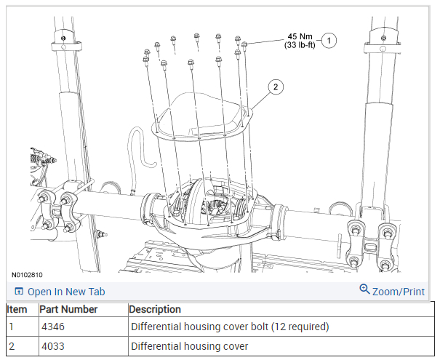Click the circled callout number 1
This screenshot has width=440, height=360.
click(329, 41)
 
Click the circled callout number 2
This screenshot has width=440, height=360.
click(274, 87)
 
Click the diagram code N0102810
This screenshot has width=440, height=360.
click(27, 276)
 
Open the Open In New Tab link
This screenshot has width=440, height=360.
click(66, 292)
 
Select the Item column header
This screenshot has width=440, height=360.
click(17, 309)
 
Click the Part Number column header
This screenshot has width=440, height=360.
click(68, 309)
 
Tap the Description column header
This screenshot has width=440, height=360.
click(155, 309)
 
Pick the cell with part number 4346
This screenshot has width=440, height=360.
click(52, 327)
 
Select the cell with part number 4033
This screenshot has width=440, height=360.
click(52, 345)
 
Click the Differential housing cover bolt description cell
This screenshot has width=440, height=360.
click(230, 327)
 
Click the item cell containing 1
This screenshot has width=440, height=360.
click(12, 327)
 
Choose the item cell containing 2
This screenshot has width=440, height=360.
click(12, 345)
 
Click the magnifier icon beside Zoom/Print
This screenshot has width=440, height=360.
click(365, 289)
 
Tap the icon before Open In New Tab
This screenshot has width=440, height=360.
click(19, 292)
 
